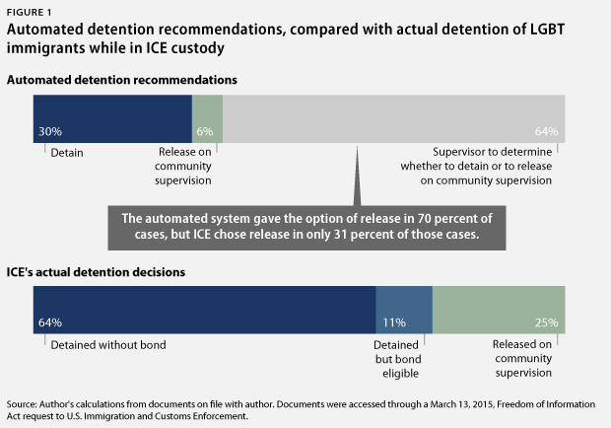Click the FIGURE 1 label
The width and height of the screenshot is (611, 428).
[29, 11]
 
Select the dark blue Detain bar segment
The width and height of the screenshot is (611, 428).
[112, 117]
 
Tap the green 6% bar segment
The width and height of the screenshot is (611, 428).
[207, 117]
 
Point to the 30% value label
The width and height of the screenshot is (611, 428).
[50, 131]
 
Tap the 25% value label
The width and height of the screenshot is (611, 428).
[546, 322]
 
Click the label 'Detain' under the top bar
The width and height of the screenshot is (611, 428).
[67, 153]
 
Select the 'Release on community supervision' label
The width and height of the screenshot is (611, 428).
[185, 167]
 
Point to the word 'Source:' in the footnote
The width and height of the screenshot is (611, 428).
[23, 404]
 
